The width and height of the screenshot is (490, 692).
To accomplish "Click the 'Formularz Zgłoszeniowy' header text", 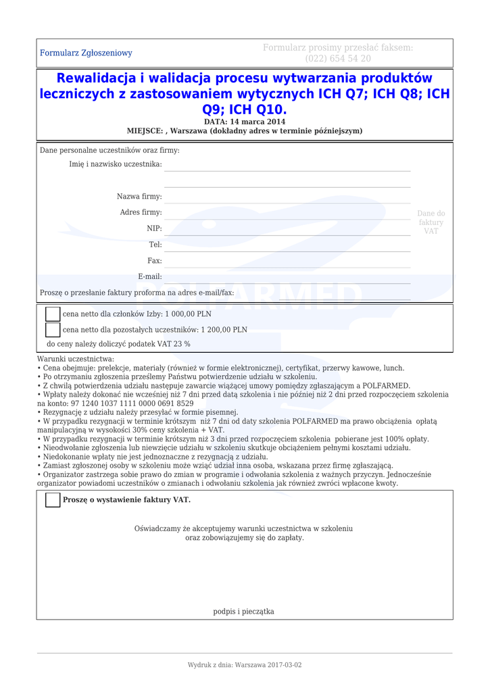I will click(x=86, y=53).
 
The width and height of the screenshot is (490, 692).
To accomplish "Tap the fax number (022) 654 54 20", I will click(x=337, y=59).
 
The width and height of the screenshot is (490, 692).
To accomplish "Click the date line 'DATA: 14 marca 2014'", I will click(x=245, y=122).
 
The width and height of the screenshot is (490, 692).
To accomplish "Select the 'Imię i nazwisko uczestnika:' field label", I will click(x=116, y=164).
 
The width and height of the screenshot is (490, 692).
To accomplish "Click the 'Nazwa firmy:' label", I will click(x=139, y=197).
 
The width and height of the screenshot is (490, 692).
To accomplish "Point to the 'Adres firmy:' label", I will click(x=141, y=213).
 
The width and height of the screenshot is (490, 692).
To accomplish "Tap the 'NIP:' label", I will click(x=154, y=229).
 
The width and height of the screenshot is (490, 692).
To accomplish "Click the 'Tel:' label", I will click(x=155, y=245).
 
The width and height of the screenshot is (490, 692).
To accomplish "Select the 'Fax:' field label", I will click(x=155, y=261).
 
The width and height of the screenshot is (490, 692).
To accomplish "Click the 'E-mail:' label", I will click(x=150, y=276).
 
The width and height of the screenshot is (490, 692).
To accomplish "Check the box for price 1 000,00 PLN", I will click(x=53, y=314).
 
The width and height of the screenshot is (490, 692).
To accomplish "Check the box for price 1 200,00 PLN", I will click(x=53, y=330).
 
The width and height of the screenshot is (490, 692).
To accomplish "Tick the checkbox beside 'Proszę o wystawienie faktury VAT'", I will click(x=53, y=500).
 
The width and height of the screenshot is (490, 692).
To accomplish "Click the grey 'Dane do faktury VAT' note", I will click(x=431, y=222).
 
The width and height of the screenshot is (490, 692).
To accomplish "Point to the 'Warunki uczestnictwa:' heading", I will click(x=76, y=360).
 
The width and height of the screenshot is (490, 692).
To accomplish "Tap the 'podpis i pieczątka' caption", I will click(x=244, y=612).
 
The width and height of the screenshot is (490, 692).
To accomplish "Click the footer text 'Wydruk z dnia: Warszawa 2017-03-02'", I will click(x=245, y=665).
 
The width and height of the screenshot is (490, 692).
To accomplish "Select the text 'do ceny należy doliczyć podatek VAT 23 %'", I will click(x=118, y=344).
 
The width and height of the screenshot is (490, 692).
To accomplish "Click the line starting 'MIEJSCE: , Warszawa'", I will click(x=245, y=131).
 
